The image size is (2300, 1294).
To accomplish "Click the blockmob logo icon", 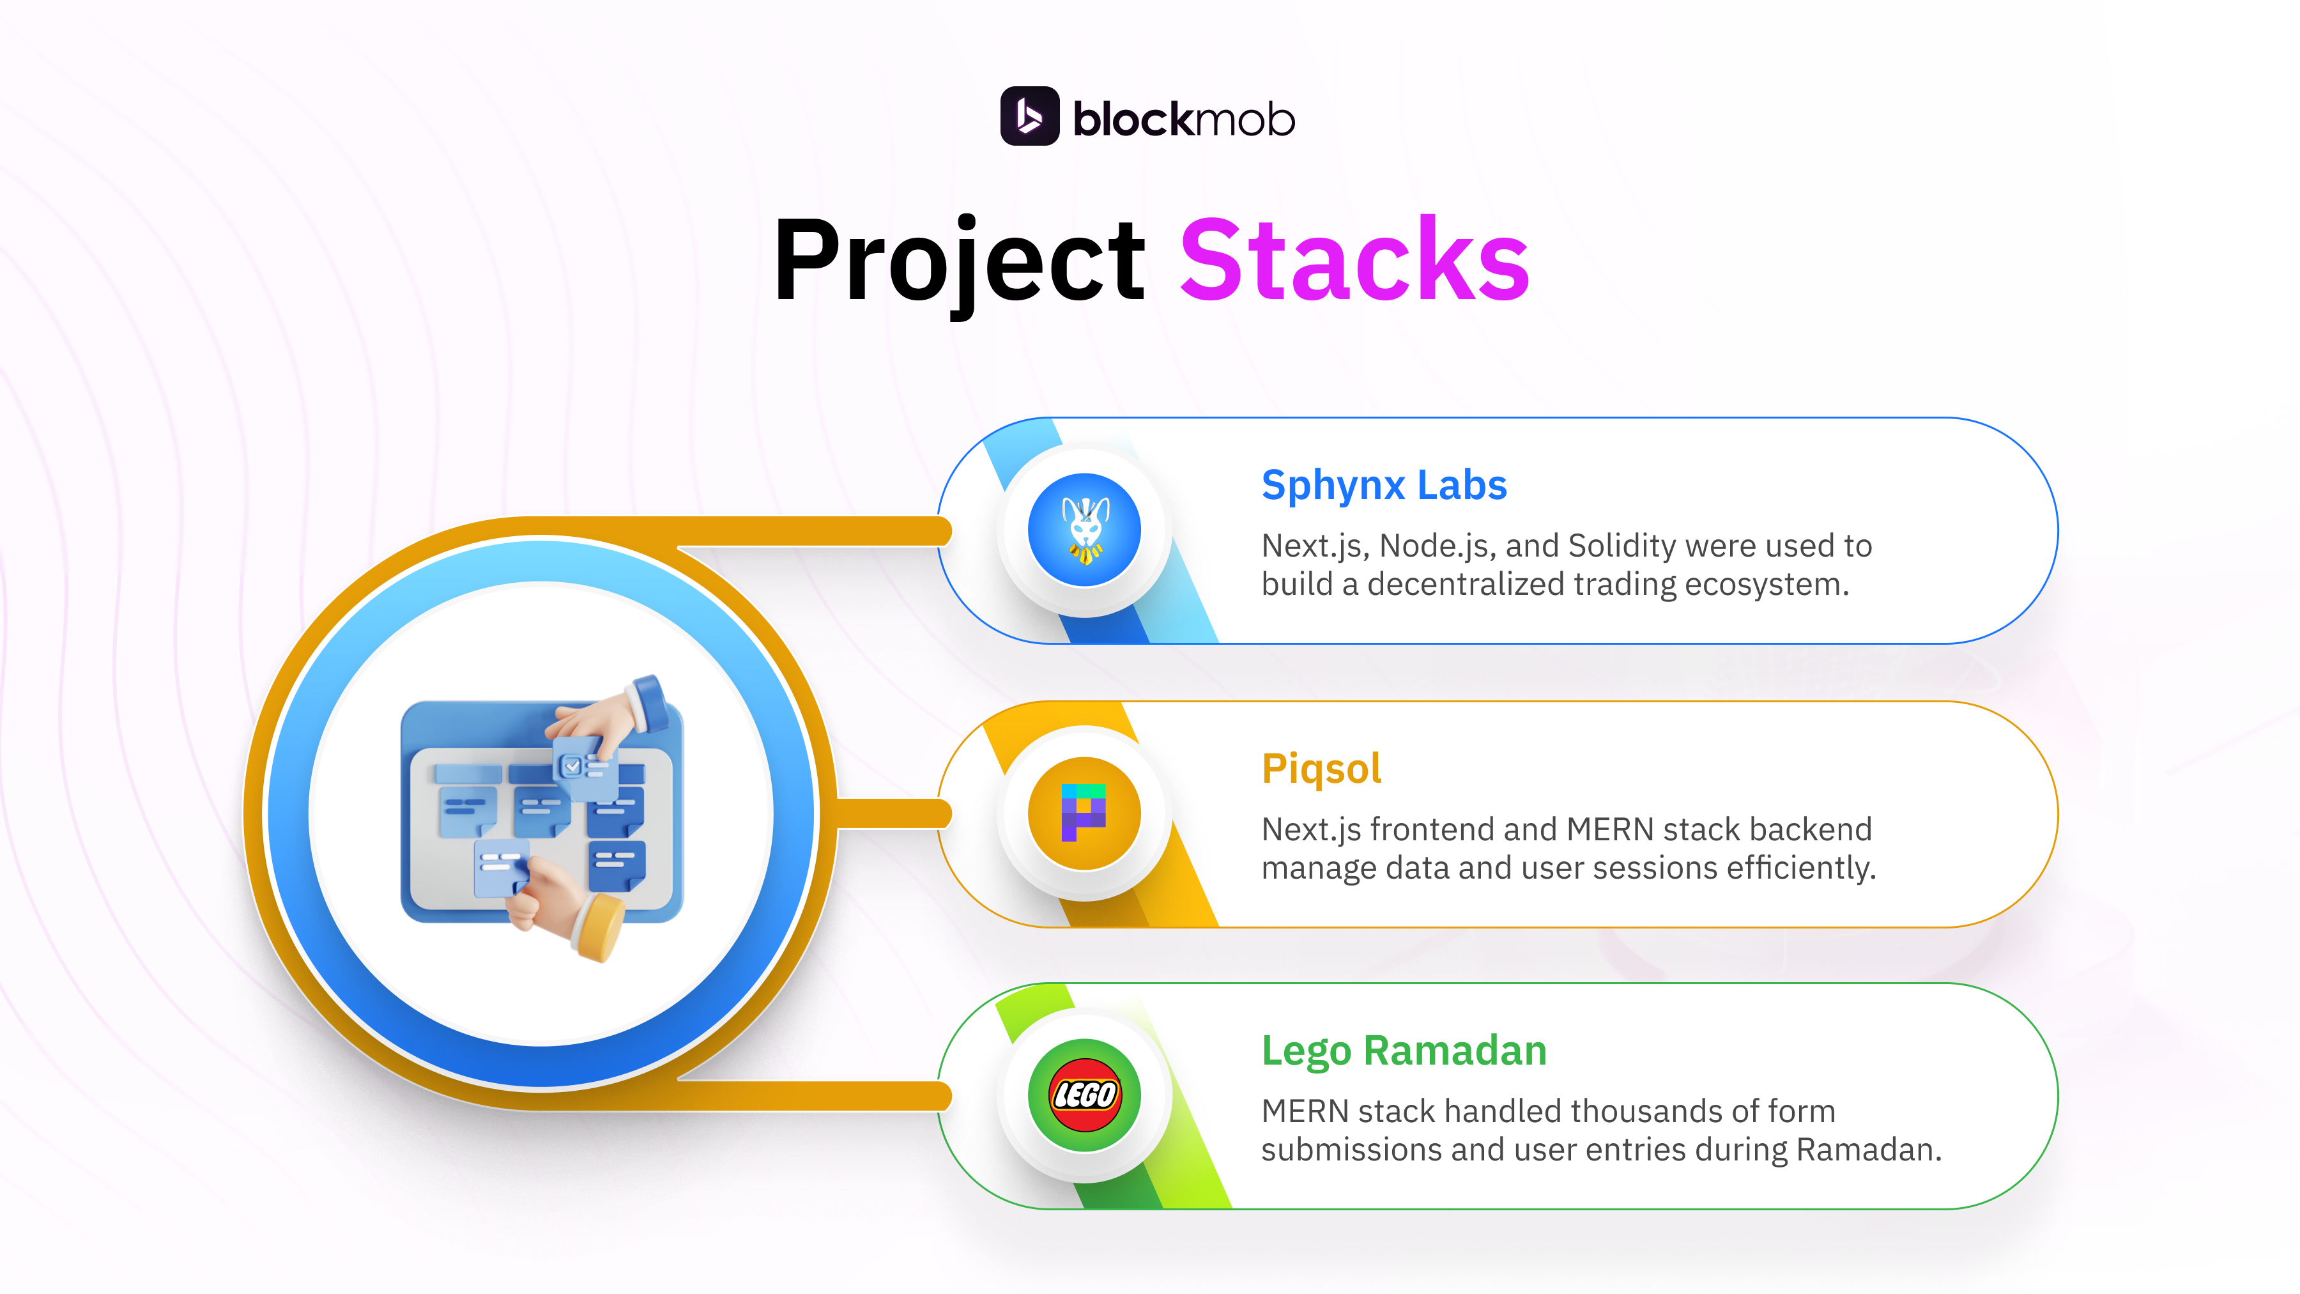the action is [1029, 116].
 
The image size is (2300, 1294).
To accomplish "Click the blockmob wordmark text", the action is [1183, 119].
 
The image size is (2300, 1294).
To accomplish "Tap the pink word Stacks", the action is [1354, 261].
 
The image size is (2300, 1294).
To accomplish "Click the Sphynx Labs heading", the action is [1383, 485].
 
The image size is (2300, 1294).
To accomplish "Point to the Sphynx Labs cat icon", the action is [1084, 530].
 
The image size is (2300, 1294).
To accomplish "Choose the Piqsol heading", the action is [1321, 768].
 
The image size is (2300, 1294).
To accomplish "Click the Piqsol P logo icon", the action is [1084, 813].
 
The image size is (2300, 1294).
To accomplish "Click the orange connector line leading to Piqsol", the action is [893, 813].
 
